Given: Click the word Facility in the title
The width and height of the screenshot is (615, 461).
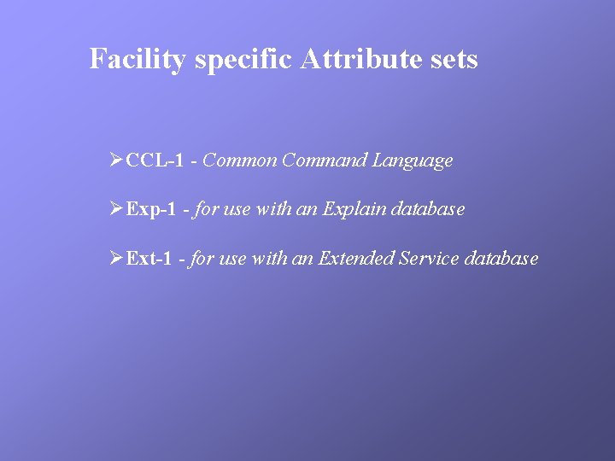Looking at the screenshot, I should coord(138,60).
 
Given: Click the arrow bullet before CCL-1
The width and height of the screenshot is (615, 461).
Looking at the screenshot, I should coord(117,160).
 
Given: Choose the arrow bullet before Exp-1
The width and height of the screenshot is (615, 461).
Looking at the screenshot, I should coord(117,209).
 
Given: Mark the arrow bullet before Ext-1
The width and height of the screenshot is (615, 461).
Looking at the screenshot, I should coord(117,258).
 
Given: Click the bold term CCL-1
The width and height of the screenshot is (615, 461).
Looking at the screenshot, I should coord(155,160).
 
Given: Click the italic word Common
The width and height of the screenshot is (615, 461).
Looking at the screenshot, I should coord(240,160).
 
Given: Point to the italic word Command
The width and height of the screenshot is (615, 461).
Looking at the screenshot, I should coord(325,160).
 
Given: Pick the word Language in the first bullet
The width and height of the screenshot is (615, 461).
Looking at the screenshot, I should coord(413,160).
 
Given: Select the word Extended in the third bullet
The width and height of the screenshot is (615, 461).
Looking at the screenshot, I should coord(356,259).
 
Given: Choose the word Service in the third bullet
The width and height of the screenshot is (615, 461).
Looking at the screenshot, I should coord(430,259).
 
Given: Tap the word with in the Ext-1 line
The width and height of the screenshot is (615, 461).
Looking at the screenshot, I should coord(269,259).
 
